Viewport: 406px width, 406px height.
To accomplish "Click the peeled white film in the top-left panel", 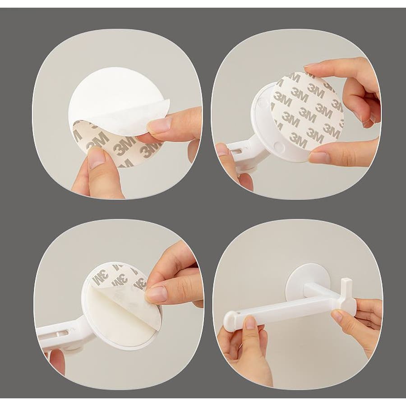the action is point(118,101).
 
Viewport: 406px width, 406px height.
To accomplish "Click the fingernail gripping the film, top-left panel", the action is point(159,125).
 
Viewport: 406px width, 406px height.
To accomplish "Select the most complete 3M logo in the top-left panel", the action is point(125,146).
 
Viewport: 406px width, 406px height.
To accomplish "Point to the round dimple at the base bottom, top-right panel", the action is point(279,146).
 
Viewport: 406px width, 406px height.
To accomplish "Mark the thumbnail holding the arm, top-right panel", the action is point(222,149).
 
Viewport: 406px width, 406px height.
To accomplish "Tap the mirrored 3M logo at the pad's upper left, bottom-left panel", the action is point(101,277).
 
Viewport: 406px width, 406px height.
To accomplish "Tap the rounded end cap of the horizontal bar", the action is point(231,321).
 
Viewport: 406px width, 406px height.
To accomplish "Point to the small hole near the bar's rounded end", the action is point(237,314).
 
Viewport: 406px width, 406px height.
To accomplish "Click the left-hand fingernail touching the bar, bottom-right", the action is point(250,323).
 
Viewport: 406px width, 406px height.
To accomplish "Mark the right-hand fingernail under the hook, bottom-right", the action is point(337,316).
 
